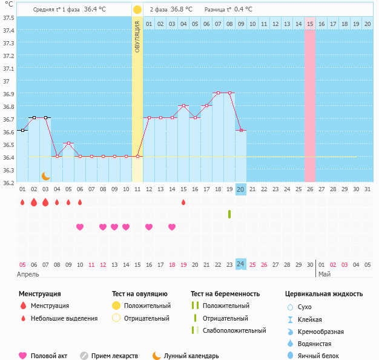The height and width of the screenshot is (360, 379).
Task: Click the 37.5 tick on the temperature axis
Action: [8, 18]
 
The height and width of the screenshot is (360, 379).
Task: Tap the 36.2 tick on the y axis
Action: [8, 183]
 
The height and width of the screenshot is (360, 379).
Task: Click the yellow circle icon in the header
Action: [137, 10]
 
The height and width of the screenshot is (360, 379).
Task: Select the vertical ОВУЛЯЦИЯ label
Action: [137, 36]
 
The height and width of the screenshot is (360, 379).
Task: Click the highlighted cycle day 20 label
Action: [241, 189]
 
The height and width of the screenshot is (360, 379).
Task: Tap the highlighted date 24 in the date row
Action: [241, 264]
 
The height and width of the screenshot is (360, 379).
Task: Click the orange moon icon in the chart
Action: [46, 175]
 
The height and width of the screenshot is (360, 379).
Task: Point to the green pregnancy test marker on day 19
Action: [229, 214]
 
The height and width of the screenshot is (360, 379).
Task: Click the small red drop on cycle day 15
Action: [183, 202]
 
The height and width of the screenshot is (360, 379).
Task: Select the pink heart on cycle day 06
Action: [80, 227]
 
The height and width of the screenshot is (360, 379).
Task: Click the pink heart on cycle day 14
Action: [172, 227]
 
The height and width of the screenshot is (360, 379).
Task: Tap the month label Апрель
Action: [27, 273]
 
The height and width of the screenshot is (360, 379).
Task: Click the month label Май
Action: [325, 273]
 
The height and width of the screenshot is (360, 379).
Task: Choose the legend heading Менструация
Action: [39, 293]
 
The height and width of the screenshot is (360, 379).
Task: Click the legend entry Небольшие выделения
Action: [64, 318]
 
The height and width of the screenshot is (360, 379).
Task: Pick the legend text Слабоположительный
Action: [234, 330]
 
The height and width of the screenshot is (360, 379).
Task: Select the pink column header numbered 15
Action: [310, 24]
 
